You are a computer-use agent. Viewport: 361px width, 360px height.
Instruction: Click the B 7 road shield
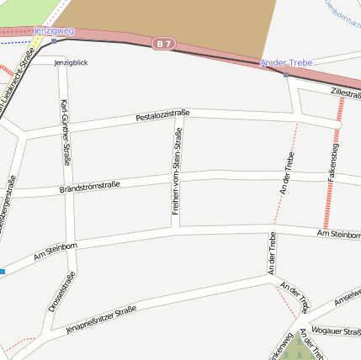click(164, 42)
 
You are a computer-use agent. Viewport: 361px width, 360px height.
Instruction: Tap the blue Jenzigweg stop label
click(54, 31)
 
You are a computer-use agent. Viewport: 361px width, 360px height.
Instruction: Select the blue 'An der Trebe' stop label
click(286, 63)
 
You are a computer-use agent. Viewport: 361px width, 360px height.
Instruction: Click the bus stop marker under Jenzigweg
click(54, 40)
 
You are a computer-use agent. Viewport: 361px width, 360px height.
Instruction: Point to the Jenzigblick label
click(71, 62)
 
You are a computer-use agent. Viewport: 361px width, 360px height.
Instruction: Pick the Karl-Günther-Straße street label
click(66, 132)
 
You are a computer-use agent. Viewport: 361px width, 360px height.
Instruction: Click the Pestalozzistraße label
click(162, 115)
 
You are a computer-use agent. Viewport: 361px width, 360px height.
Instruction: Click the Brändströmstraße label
click(90, 187)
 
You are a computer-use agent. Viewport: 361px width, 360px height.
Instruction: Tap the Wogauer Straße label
click(335, 330)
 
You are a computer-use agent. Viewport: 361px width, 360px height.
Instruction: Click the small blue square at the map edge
click(3, 272)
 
